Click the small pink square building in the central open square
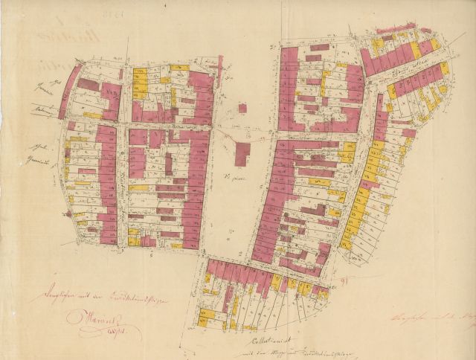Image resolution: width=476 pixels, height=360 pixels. [242, 109]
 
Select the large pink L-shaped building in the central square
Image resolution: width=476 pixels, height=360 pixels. [242, 153]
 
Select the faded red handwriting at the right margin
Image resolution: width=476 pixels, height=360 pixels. [431, 318]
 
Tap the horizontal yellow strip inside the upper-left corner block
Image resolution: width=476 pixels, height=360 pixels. [92, 115]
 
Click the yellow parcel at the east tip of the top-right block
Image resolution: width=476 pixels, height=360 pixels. [435, 45]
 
